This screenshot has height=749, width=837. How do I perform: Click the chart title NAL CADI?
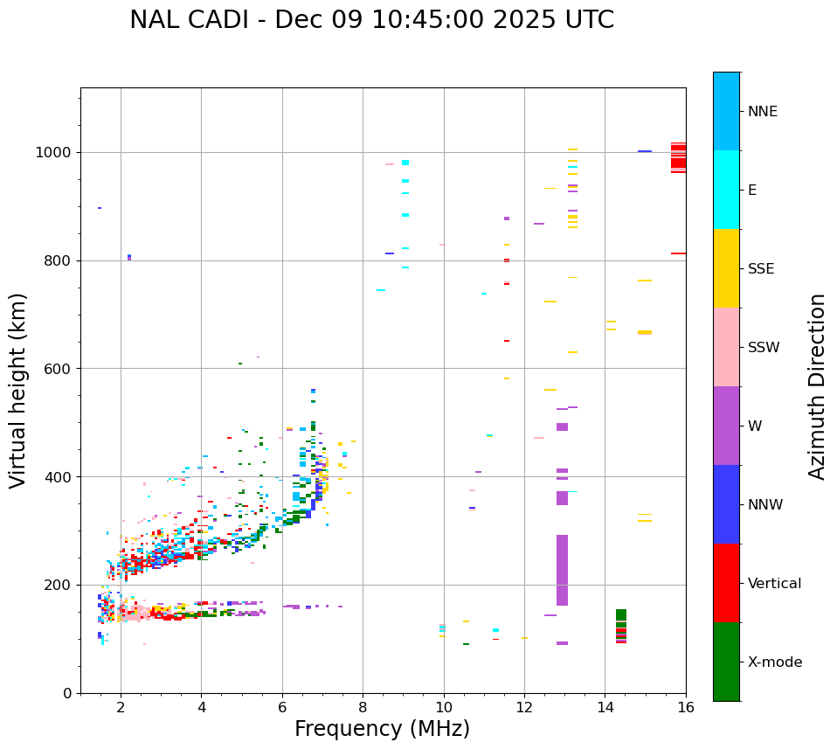coord(371,20)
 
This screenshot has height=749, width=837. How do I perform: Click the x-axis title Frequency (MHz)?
coord(382,729)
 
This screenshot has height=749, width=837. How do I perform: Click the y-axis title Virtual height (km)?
coord(18,390)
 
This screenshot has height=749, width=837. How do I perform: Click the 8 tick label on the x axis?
coord(363,707)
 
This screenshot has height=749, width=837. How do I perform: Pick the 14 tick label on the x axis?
coord(605,707)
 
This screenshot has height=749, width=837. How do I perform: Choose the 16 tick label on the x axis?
coord(686,707)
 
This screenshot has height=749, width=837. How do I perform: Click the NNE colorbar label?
coord(762,112)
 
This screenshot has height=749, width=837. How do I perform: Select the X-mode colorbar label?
coord(774,662)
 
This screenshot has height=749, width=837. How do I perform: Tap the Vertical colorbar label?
coord(774,584)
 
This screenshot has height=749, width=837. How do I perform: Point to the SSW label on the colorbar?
coord(764,348)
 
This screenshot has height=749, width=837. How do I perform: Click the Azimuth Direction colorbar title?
coord(817,386)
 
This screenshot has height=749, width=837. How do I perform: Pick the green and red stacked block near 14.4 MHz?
coord(621,626)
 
